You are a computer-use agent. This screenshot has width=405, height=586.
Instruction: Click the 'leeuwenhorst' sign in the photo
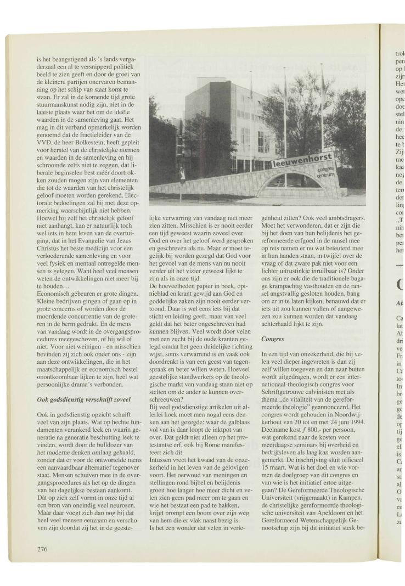[303, 160]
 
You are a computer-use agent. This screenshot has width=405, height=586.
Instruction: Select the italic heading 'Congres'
[273, 339]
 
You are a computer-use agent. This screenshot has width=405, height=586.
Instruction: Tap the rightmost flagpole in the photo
[322, 110]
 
